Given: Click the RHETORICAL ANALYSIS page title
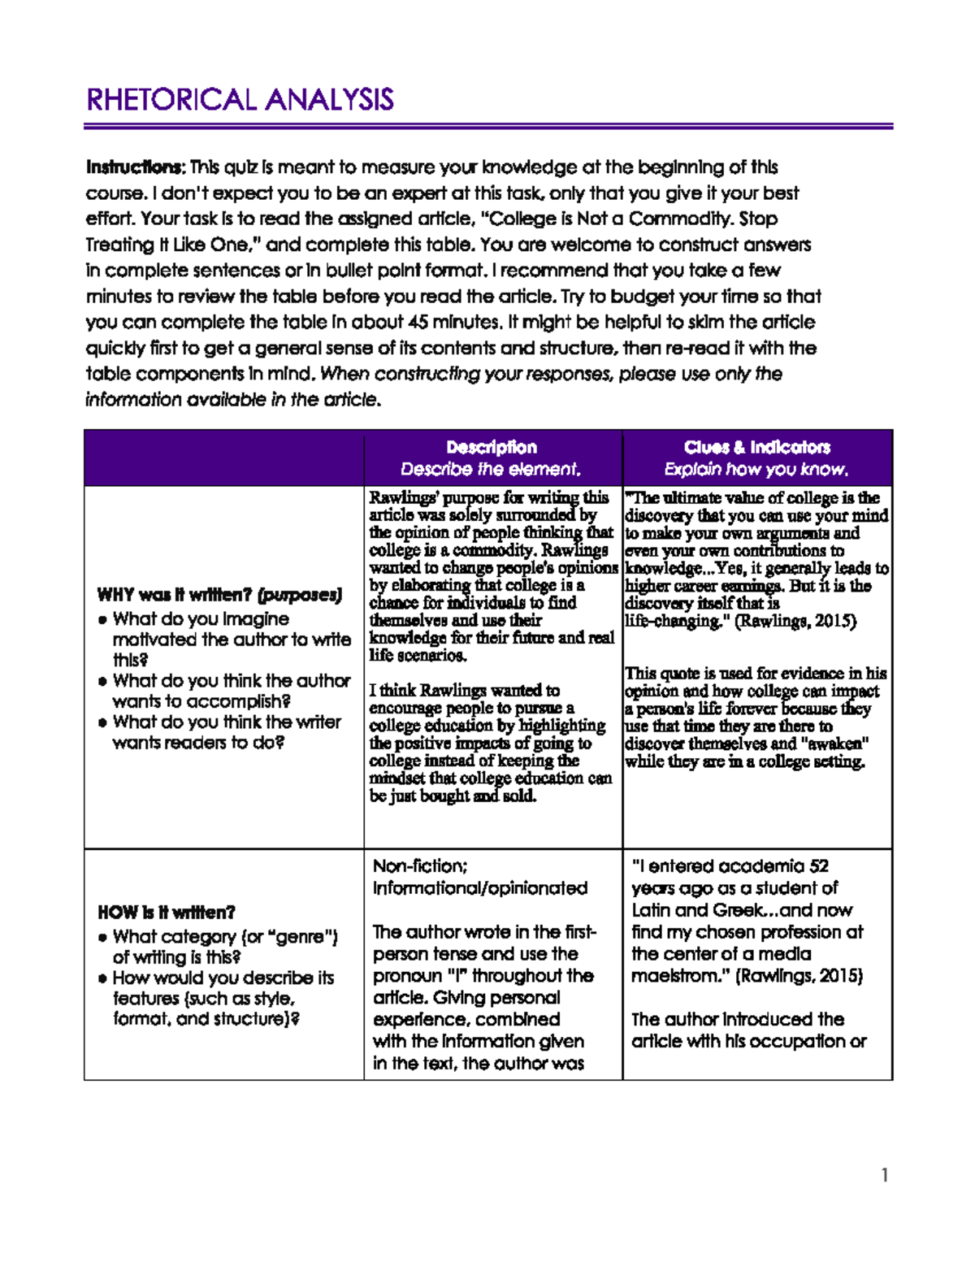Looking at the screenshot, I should (x=240, y=100).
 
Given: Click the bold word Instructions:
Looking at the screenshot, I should (x=136, y=167).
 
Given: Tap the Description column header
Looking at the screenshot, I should (x=492, y=447).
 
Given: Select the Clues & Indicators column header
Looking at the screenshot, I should (x=756, y=447).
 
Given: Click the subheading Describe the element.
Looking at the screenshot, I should (x=491, y=469).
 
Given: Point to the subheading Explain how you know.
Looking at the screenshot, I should (x=756, y=469).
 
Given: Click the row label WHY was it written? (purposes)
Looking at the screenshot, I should (x=219, y=595).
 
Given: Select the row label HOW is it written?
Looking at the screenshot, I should (x=167, y=912).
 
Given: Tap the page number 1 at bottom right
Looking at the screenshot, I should (x=884, y=1175).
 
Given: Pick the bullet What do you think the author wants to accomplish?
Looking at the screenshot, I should (x=232, y=691).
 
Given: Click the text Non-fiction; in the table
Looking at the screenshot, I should (x=420, y=866).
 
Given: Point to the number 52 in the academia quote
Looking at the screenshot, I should (x=819, y=866).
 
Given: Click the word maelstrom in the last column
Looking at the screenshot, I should (x=680, y=975).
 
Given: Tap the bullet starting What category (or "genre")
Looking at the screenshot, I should (x=224, y=947).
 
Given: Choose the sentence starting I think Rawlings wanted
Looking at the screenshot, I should (x=464, y=691).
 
